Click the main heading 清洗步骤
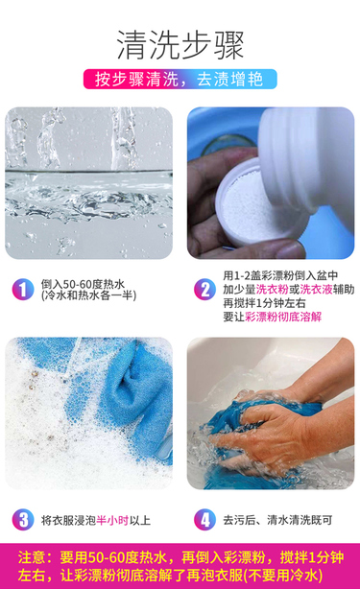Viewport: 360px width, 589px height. click(180, 45)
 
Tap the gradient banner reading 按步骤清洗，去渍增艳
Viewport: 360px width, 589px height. click(180, 79)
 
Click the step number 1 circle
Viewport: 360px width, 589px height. click(23, 290)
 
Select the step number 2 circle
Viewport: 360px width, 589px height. click(204, 290)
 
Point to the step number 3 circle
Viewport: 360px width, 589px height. click(23, 520)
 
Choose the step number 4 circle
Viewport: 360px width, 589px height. click(204, 520)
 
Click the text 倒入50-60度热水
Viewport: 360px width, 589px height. click(83, 284)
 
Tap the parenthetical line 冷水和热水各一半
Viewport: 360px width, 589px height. click(88, 295)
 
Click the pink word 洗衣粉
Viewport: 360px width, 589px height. click(272, 290)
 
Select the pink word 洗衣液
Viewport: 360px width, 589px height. click(316, 290)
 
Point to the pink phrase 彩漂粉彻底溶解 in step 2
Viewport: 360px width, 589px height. click(283, 317)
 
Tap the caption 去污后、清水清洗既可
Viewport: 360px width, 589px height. click(277, 520)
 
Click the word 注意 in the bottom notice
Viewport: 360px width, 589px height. click(32, 557)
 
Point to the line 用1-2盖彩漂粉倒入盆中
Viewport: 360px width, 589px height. click(280, 275)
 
